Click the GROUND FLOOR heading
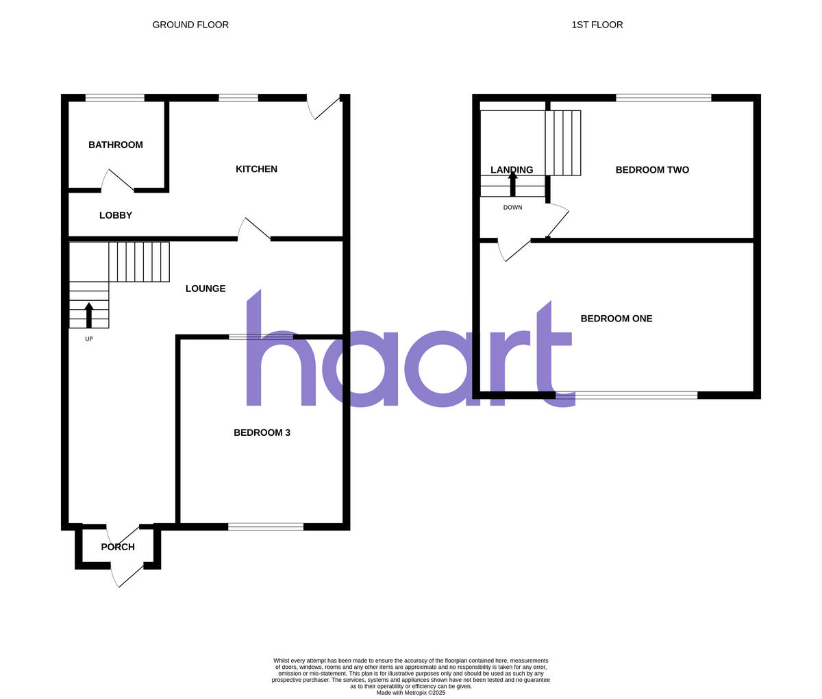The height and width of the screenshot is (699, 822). (x=190, y=25)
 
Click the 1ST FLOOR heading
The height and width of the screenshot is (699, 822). (x=597, y=25)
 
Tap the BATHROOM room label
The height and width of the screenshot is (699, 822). (x=116, y=145)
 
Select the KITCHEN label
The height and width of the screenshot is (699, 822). (x=256, y=169)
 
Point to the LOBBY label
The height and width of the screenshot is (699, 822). (x=116, y=215)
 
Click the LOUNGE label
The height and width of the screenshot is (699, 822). (x=206, y=289)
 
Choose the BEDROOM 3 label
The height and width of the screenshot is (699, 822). (x=262, y=432)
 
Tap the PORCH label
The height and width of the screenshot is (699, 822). (x=118, y=547)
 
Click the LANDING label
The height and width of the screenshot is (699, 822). (x=512, y=170)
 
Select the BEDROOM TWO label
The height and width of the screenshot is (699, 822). (x=652, y=170)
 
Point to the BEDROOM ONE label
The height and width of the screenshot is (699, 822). (x=616, y=319)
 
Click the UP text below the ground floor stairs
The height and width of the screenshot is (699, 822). (x=89, y=339)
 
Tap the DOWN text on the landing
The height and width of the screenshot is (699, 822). (x=512, y=208)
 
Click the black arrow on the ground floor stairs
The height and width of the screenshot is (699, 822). (x=89, y=315)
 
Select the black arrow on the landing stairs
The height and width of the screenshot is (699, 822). (x=512, y=184)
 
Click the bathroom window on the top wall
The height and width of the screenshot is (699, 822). (x=115, y=98)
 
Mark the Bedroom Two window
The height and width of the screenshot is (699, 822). (x=663, y=98)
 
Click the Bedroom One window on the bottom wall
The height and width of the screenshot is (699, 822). (x=627, y=395)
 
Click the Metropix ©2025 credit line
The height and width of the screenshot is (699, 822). (x=411, y=693)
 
